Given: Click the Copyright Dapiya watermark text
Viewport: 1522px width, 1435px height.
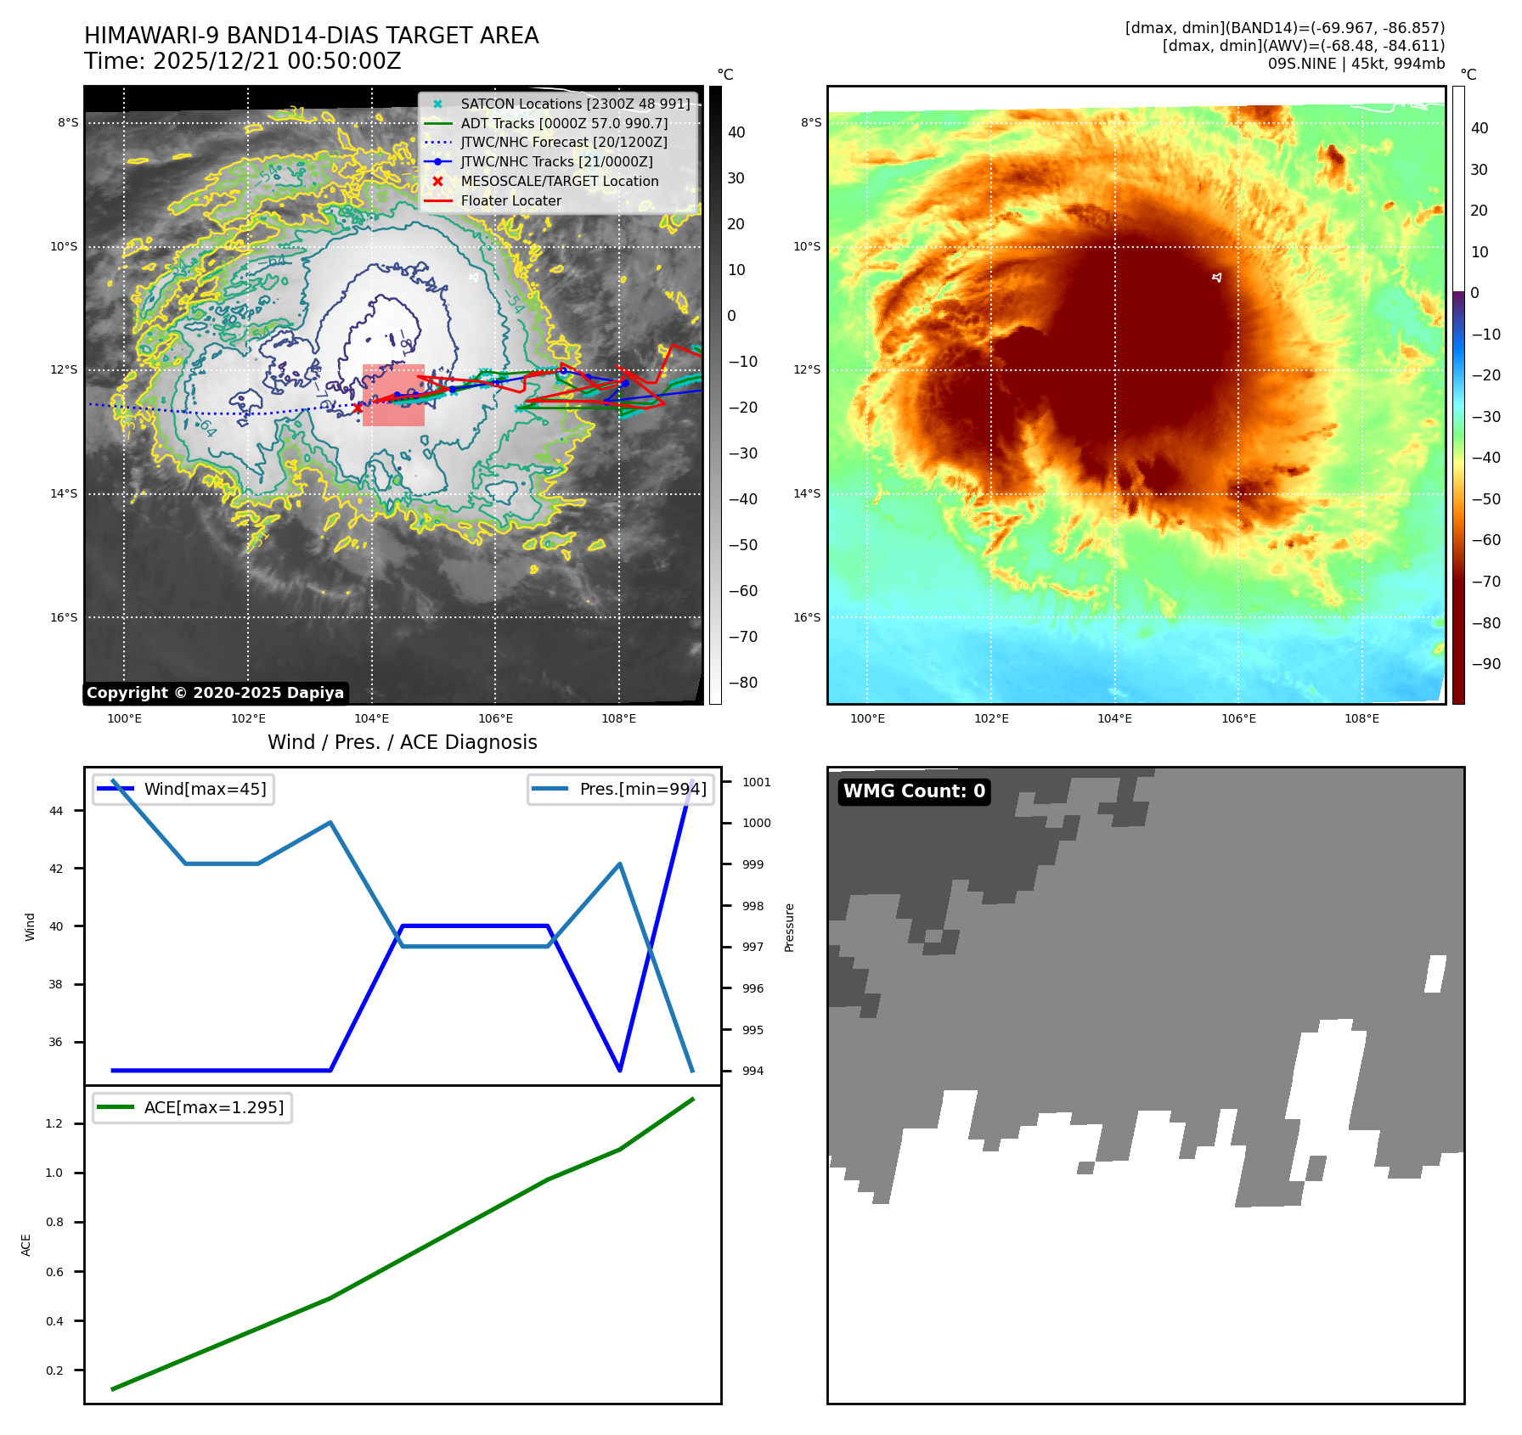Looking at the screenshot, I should click(215, 693).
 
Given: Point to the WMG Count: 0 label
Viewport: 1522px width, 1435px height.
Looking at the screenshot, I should click(914, 791).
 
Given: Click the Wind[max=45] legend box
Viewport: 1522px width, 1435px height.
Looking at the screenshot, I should click(183, 789).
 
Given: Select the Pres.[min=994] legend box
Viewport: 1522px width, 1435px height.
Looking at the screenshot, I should click(620, 789).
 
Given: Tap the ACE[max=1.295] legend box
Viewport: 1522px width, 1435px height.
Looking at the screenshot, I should click(193, 1107).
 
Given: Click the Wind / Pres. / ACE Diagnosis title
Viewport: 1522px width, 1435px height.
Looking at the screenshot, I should click(402, 742).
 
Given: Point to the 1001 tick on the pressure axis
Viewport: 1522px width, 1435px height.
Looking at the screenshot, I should click(756, 782).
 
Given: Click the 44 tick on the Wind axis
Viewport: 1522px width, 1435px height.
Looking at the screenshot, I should click(56, 811).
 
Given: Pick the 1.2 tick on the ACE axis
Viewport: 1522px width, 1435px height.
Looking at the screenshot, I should click(54, 1123).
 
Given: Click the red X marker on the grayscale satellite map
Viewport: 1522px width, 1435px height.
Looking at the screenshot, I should click(358, 408).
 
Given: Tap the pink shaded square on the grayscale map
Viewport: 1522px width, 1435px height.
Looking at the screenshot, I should click(393, 395).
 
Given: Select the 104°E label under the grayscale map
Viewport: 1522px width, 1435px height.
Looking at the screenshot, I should click(371, 718).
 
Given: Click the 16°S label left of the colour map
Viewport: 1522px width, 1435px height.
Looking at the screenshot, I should click(807, 617).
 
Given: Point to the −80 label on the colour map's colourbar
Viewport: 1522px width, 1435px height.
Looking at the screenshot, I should click(1485, 622).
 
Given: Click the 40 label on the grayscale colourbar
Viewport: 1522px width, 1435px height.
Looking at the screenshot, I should click(736, 132).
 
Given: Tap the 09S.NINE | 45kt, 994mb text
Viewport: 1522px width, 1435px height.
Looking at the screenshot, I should click(1356, 64).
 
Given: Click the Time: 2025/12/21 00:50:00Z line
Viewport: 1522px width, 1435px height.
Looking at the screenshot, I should click(242, 61).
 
